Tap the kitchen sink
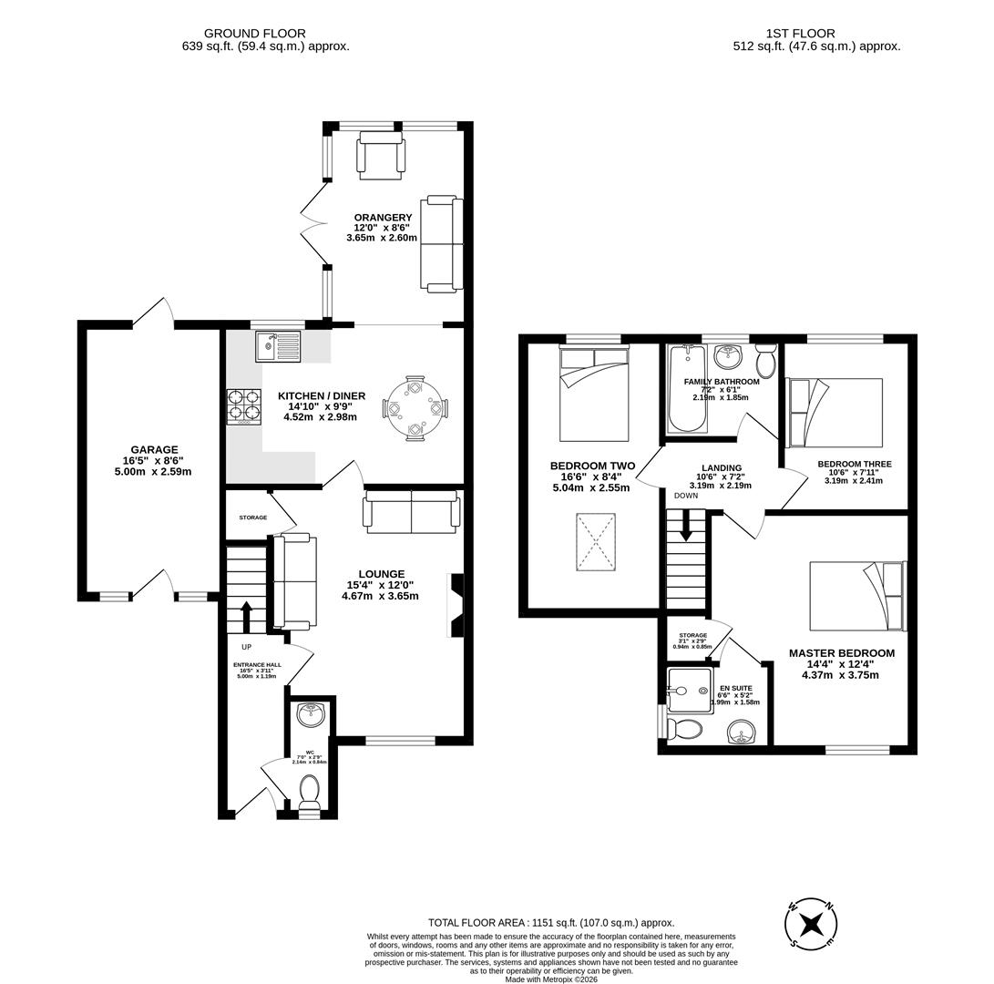[x=278, y=347]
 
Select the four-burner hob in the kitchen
[x=244, y=406]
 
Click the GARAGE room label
[x=154, y=449]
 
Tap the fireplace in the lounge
[x=456, y=605]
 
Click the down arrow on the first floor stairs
[x=686, y=525]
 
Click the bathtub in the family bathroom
[x=686, y=389]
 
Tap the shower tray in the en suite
[x=688, y=690]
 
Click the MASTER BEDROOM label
[x=841, y=653]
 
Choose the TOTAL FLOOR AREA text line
[x=551, y=922]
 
